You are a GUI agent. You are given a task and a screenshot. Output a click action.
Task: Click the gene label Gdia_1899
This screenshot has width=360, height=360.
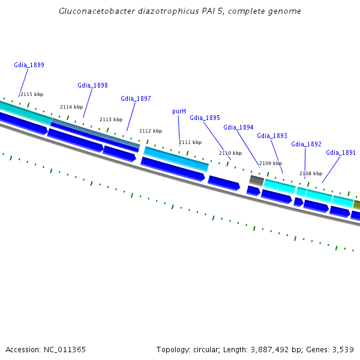(x=29, y=65)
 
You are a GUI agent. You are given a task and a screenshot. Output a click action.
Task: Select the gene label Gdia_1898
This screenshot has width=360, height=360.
(x=92, y=85)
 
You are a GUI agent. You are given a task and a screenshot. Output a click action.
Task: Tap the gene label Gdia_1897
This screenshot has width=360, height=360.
(x=136, y=98)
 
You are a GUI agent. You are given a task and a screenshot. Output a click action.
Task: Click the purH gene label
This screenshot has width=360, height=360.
(x=179, y=111)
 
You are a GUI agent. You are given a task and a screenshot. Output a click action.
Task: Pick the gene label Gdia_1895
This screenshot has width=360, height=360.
(x=205, y=118)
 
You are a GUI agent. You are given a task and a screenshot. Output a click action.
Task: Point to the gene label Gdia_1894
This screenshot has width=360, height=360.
(x=238, y=127)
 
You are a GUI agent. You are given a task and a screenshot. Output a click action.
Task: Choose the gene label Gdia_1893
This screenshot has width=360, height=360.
(x=272, y=136)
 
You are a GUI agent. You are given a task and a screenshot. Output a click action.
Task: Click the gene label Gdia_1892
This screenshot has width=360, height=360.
(x=306, y=144)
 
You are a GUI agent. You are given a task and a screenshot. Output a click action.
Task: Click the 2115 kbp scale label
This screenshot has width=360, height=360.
(x=32, y=94)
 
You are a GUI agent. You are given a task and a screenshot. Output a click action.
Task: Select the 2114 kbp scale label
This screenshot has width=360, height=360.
(x=71, y=107)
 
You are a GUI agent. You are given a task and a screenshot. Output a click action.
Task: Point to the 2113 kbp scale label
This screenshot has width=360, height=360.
(x=110, y=119)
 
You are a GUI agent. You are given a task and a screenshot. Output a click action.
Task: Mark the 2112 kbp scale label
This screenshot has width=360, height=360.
(x=150, y=131)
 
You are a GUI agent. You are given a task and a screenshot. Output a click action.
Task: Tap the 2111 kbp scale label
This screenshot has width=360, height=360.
(x=190, y=142)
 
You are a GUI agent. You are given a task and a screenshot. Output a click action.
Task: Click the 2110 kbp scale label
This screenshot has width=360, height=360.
(x=230, y=153)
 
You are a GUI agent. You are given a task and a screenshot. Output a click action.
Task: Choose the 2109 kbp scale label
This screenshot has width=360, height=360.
(x=270, y=163)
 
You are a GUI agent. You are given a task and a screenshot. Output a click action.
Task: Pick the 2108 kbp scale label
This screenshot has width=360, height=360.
(x=310, y=173)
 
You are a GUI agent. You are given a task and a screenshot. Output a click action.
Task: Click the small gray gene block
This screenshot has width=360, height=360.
(x=256, y=180)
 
